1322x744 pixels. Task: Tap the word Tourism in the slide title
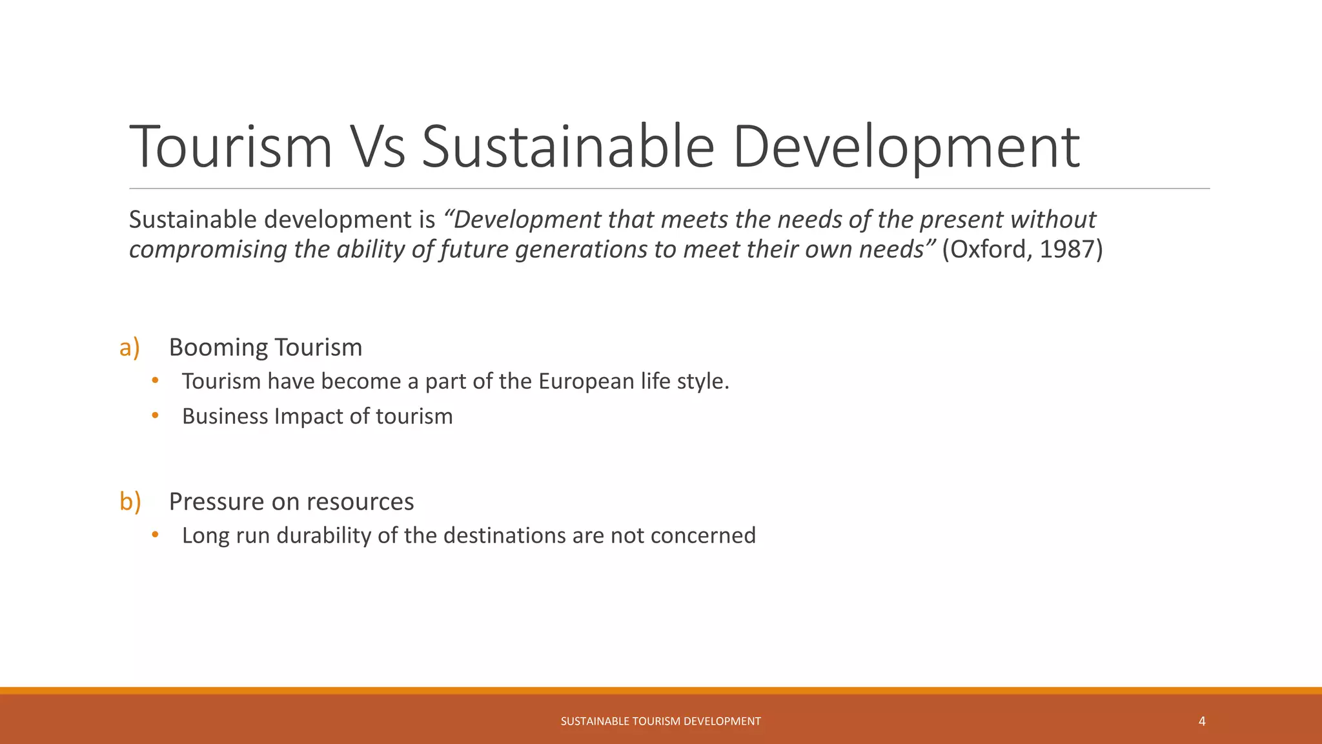pos(230,147)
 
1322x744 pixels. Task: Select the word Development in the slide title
pos(906,147)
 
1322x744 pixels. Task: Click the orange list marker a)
pos(130,347)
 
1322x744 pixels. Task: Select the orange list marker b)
pos(130,501)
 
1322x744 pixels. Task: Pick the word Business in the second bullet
pos(225,417)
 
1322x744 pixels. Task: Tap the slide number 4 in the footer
pos(1202,721)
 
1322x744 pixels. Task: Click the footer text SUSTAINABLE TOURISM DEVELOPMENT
pos(660,721)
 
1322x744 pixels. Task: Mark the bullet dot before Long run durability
pos(155,534)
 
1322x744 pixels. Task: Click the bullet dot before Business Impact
pos(155,415)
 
